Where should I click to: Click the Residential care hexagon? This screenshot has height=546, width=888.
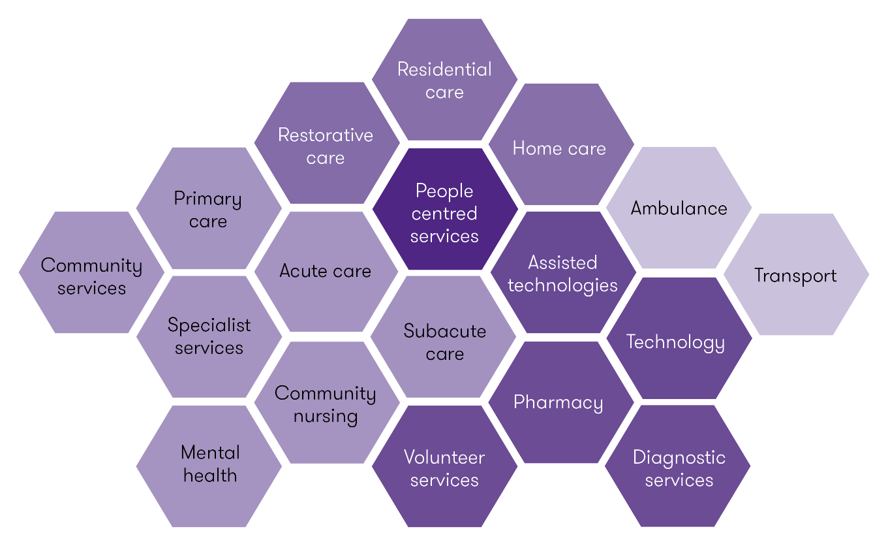444,80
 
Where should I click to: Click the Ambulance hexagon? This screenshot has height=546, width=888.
679,208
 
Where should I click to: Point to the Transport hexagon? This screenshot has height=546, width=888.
795,275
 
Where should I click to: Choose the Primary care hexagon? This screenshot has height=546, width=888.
209,209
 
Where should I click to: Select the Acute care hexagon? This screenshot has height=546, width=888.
326,271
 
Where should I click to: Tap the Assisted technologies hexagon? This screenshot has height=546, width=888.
562,274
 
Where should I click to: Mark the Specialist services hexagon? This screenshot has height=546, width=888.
209,336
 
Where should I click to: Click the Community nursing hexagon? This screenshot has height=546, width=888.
326,404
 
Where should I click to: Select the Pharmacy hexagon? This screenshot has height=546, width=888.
559,402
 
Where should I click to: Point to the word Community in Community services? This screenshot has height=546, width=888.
91,265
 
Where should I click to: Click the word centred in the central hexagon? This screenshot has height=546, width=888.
444,214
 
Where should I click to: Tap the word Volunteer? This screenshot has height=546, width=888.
444,457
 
